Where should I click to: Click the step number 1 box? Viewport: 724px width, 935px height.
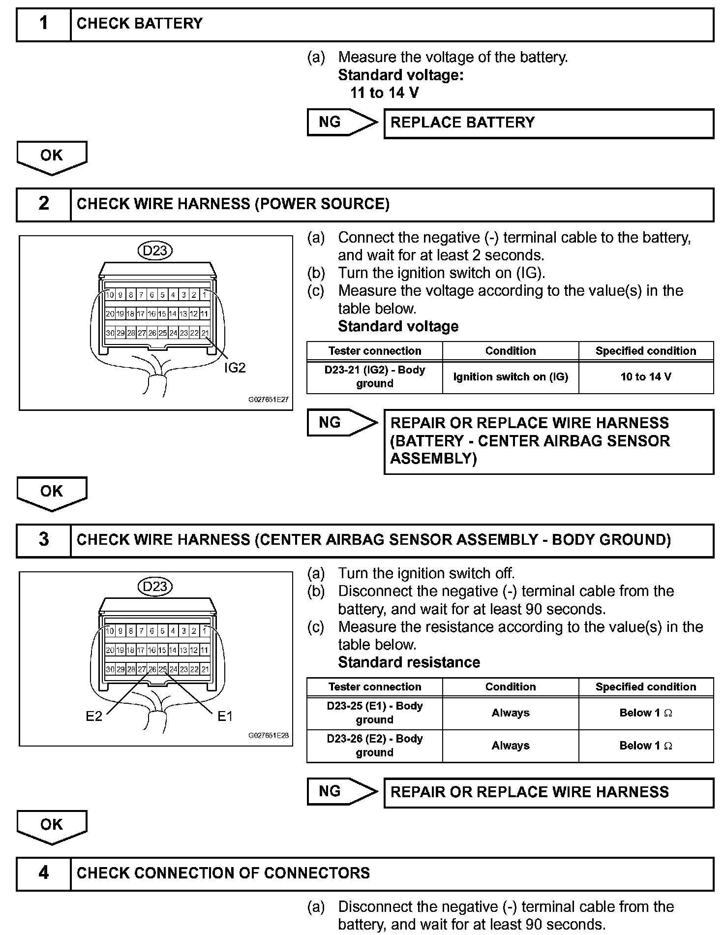[44, 24]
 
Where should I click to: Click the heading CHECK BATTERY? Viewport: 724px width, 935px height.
[140, 24]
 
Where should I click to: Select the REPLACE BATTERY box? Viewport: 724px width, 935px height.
[548, 123]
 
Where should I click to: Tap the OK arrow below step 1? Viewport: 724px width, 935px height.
[52, 156]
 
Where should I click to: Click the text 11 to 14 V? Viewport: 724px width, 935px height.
[385, 93]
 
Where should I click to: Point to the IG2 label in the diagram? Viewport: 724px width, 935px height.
[235, 368]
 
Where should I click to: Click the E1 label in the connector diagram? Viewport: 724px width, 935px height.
[225, 717]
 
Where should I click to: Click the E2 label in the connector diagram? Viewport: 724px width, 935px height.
[94, 717]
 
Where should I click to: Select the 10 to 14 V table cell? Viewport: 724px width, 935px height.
[646, 377]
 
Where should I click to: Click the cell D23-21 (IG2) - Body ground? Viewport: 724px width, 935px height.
[375, 377]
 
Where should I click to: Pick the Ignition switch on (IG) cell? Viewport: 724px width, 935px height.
[511, 377]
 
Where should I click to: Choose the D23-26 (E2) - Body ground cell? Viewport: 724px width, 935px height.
[375, 746]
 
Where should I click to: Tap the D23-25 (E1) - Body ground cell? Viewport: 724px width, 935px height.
[375, 713]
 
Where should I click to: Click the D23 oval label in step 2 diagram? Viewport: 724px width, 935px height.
[155, 251]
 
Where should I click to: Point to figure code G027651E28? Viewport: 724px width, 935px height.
[269, 736]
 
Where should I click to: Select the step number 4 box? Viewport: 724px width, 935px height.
[44, 873]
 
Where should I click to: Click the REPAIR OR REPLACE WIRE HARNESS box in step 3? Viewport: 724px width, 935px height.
[548, 792]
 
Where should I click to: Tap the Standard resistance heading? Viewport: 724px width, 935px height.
[409, 662]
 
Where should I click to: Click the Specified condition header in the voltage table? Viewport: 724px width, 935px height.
[646, 351]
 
